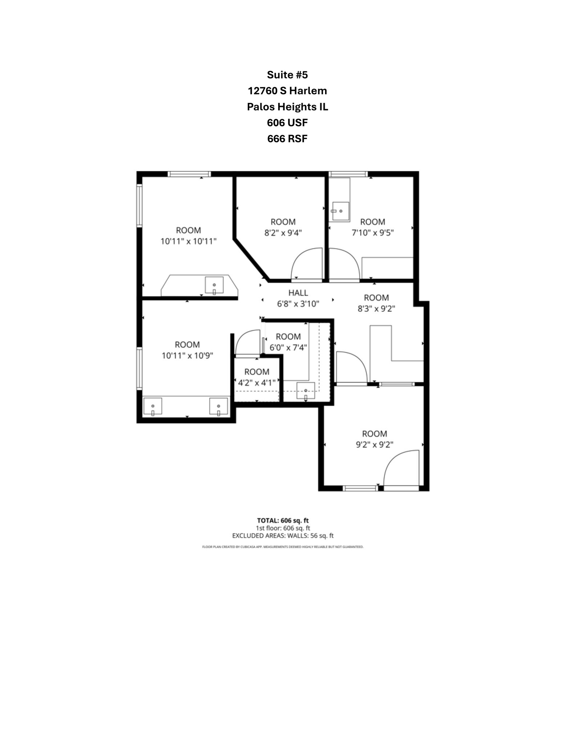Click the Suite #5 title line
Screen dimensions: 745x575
point(287,75)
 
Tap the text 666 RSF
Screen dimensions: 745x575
point(287,139)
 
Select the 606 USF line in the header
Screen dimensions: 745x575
point(287,123)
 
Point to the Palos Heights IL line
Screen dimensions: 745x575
point(287,107)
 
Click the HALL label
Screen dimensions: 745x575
point(298,293)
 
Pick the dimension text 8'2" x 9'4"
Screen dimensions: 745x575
point(283,233)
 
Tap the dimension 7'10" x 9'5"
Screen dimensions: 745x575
point(373,233)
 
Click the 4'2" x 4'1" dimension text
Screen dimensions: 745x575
point(257,383)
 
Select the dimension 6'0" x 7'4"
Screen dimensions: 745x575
point(288,348)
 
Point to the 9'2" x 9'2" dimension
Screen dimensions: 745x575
point(374,445)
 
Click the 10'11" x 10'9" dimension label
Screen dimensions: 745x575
point(187,355)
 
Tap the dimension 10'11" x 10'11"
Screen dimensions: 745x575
point(189,241)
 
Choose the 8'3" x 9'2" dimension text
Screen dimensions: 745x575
point(376,309)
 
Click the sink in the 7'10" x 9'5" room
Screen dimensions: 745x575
point(341,211)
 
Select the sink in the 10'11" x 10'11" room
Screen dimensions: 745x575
point(214,285)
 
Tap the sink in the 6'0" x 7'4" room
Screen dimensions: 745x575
point(306,391)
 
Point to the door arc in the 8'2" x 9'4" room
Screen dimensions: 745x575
point(307,263)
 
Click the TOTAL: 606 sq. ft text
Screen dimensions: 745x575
point(283,521)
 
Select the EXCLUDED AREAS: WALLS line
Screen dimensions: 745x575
point(283,536)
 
